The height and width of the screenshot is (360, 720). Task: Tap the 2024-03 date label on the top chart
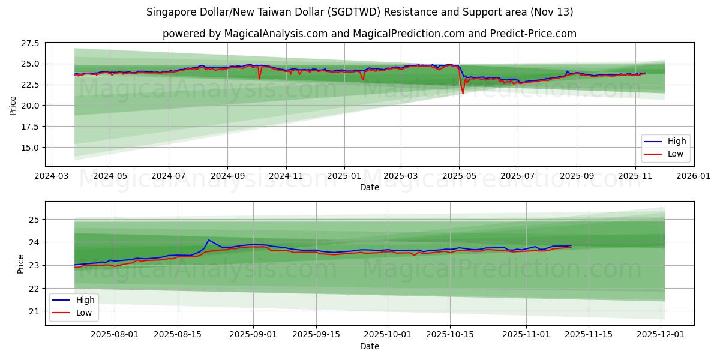pos(52,177)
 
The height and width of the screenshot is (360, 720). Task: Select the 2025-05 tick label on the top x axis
pos(459,177)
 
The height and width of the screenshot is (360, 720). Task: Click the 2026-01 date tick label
pos(693,177)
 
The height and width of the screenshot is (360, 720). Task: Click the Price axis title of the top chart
pos(13,105)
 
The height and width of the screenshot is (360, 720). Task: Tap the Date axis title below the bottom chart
pos(370,346)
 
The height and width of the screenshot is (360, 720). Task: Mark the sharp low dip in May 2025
pos(463,93)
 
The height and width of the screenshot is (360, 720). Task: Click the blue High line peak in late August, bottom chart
pos(208,240)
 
